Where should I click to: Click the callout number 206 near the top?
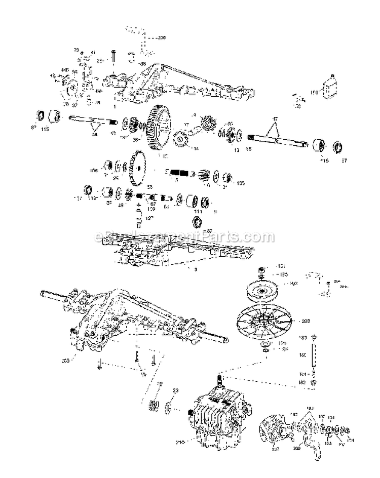point(161,37)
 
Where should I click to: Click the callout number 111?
point(198,211)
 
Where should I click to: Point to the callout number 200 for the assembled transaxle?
point(65,361)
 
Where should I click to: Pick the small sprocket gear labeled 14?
point(181,138)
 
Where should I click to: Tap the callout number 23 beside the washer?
point(176,390)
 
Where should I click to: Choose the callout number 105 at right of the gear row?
point(240,183)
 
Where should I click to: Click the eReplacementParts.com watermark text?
point(177,236)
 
